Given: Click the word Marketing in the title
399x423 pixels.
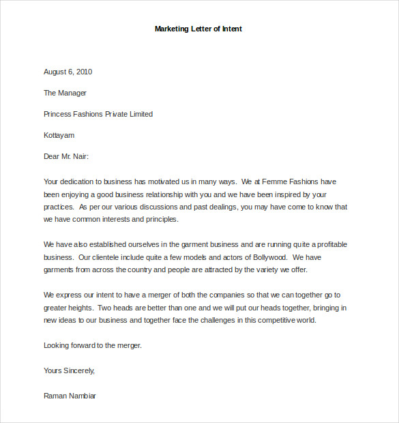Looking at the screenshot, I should tap(171, 29).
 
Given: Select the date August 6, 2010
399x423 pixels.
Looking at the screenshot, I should tap(68, 72).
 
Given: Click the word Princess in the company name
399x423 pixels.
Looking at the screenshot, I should tap(58, 114).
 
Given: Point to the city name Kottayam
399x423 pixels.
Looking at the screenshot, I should tap(59, 135).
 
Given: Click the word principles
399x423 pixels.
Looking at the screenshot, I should tap(159, 219).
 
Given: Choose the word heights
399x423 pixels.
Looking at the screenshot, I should tap(83, 308).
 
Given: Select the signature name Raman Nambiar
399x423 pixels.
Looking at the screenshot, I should tap(70, 396).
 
